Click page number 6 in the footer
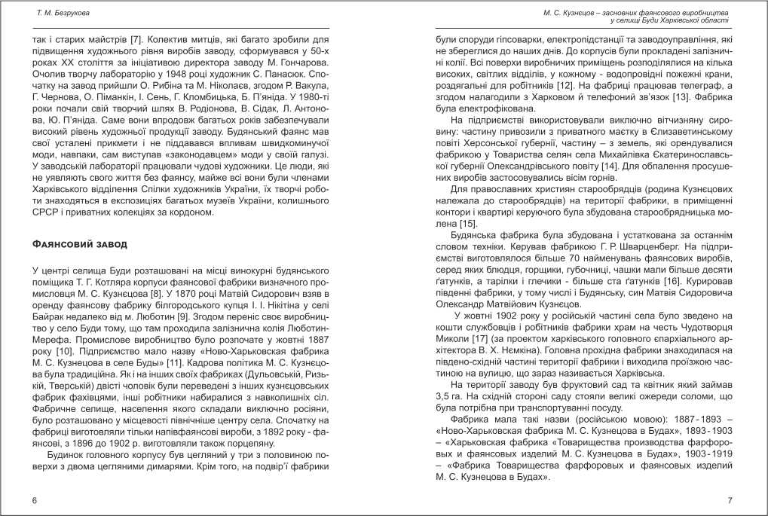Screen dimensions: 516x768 click(34, 500)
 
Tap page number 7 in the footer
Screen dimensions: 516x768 click(730, 500)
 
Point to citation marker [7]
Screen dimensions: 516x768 click(135, 38)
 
